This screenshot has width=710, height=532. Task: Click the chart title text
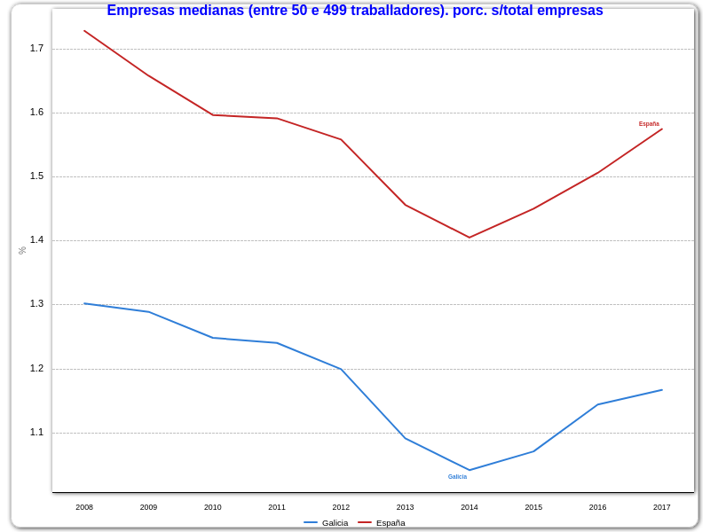355,11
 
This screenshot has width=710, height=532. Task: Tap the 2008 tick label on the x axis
84,507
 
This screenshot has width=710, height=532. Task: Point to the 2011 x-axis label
277,507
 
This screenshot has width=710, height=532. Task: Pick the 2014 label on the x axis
469,507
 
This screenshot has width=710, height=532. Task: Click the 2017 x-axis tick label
662,507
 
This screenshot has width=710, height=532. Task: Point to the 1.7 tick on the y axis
36,48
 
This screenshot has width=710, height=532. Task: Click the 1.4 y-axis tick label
36,239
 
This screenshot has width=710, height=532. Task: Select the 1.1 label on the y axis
36,432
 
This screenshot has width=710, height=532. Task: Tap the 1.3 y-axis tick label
36,303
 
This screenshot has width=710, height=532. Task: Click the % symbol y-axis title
22,251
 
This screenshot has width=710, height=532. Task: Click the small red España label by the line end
649,124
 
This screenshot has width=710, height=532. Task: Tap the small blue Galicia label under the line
457,477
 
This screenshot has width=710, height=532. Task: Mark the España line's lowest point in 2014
469,238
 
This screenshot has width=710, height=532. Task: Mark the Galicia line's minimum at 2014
469,470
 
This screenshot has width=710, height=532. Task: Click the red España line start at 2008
84,31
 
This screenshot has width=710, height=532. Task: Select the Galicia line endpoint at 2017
662,390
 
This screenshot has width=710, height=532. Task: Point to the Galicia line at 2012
341,369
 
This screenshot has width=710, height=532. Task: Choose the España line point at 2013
406,205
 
